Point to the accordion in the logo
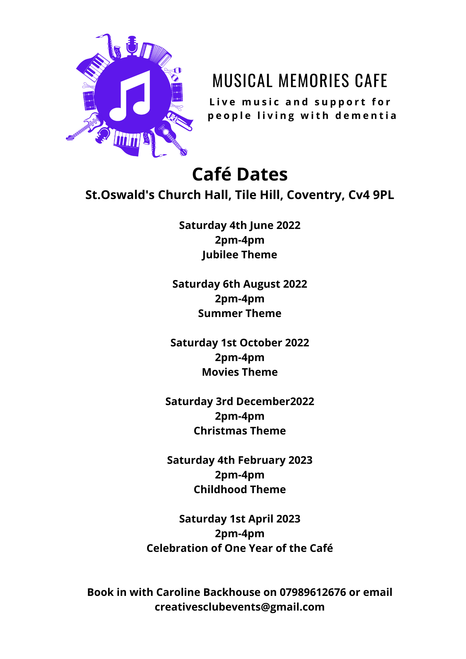156,54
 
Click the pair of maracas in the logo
175,74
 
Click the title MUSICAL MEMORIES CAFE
300,81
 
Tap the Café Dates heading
240,174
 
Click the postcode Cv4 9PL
371,195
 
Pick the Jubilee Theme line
240,255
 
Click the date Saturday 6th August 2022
240,284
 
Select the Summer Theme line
240,314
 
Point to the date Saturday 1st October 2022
240,343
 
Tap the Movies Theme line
240,372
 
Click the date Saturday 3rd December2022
240,402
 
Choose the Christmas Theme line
240,431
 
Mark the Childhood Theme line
240,490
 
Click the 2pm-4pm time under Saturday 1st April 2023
240,534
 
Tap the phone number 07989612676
313,592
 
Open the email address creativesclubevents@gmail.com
240,607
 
